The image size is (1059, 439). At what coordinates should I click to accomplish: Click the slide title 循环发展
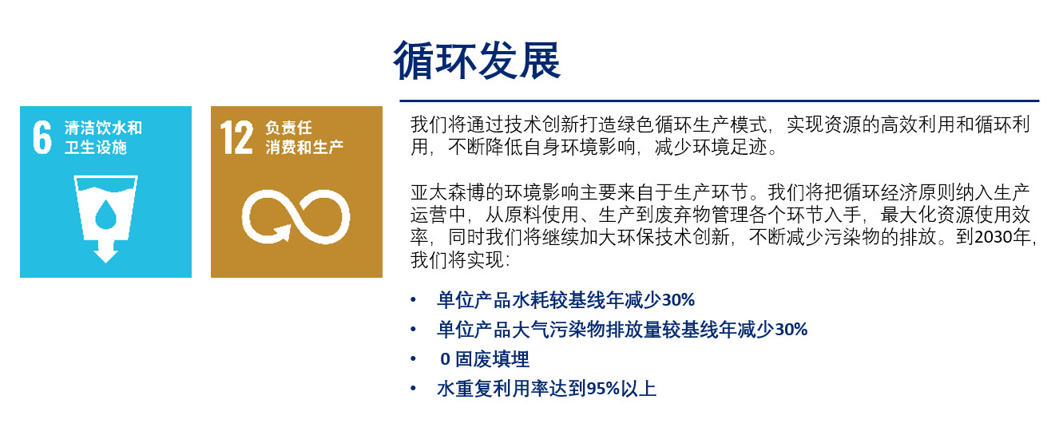pos(477,61)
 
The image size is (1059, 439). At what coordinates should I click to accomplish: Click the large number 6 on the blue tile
pos(42,137)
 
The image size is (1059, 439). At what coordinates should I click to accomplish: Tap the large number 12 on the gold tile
pos(236,137)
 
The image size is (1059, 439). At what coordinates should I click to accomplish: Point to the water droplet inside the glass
pos(106,214)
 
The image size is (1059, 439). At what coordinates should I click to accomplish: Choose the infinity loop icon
pos(296,216)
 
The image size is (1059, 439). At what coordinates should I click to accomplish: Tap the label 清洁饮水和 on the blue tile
pos(103,128)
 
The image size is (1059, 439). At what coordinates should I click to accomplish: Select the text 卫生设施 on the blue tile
pos(96,148)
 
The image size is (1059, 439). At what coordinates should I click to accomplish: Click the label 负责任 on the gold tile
pos(288,128)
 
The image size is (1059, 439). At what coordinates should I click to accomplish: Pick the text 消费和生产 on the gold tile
pos(304,148)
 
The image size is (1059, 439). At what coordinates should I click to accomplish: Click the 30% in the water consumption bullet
pos(678,300)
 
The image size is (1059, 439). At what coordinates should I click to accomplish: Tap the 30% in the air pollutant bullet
pos(791,330)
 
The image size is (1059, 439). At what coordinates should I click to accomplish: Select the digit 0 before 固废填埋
pos(445,359)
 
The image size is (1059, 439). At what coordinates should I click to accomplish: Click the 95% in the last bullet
pos(603,389)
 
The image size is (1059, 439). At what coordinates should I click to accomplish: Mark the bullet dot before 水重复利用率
pos(413,389)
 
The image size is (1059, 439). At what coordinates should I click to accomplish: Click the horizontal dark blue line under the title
pos(719,101)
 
